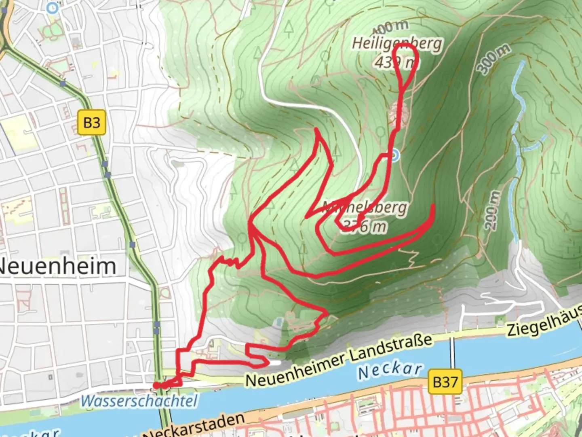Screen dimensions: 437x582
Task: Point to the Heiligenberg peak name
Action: [x=397, y=43]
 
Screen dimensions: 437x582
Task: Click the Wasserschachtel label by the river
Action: [x=139, y=401]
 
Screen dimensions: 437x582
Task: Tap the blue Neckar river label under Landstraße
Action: [x=390, y=370]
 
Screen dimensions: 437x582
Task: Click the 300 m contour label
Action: [x=493, y=59]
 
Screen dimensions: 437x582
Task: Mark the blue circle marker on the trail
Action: [x=395, y=155]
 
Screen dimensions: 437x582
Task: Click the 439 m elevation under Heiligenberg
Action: [x=395, y=63]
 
